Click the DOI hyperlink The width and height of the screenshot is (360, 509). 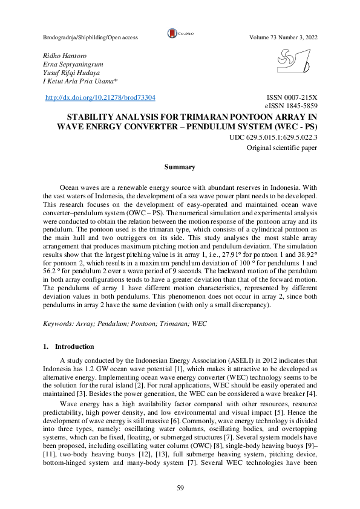point(100,97)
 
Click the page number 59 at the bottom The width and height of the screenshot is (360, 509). point(180,488)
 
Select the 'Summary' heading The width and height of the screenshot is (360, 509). point(180,167)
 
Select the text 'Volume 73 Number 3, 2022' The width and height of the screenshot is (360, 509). point(283,37)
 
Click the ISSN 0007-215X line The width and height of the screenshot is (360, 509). point(292,97)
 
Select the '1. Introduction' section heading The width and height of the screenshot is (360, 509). point(68,346)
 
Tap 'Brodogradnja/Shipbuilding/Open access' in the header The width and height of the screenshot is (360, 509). point(90,37)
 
